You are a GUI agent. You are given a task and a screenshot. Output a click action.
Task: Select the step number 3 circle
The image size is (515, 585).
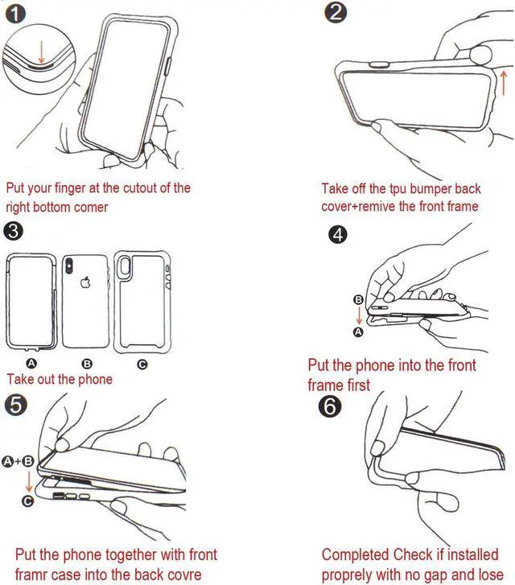14,231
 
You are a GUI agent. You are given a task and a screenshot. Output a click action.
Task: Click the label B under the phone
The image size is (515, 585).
87,365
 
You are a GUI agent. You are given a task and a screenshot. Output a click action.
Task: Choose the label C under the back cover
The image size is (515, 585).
142,365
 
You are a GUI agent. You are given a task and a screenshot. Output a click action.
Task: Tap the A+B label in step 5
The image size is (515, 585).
19,461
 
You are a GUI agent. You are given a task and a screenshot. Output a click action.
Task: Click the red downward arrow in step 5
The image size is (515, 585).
29,483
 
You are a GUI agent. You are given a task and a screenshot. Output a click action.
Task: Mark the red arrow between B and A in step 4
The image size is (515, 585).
359,315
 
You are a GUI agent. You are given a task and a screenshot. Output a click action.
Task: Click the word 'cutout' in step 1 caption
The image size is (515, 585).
131,188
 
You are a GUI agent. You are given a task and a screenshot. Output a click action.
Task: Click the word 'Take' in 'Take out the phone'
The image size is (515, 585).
20,379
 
